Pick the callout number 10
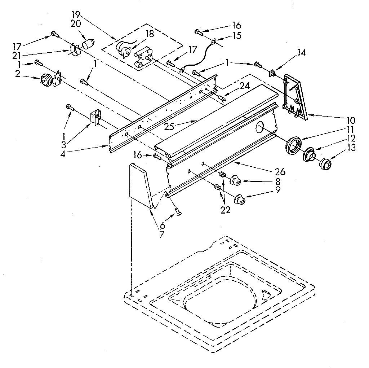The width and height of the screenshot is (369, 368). coord(351,121)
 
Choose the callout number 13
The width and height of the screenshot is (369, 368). coord(351,147)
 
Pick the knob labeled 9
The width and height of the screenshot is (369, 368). coord(239,199)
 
